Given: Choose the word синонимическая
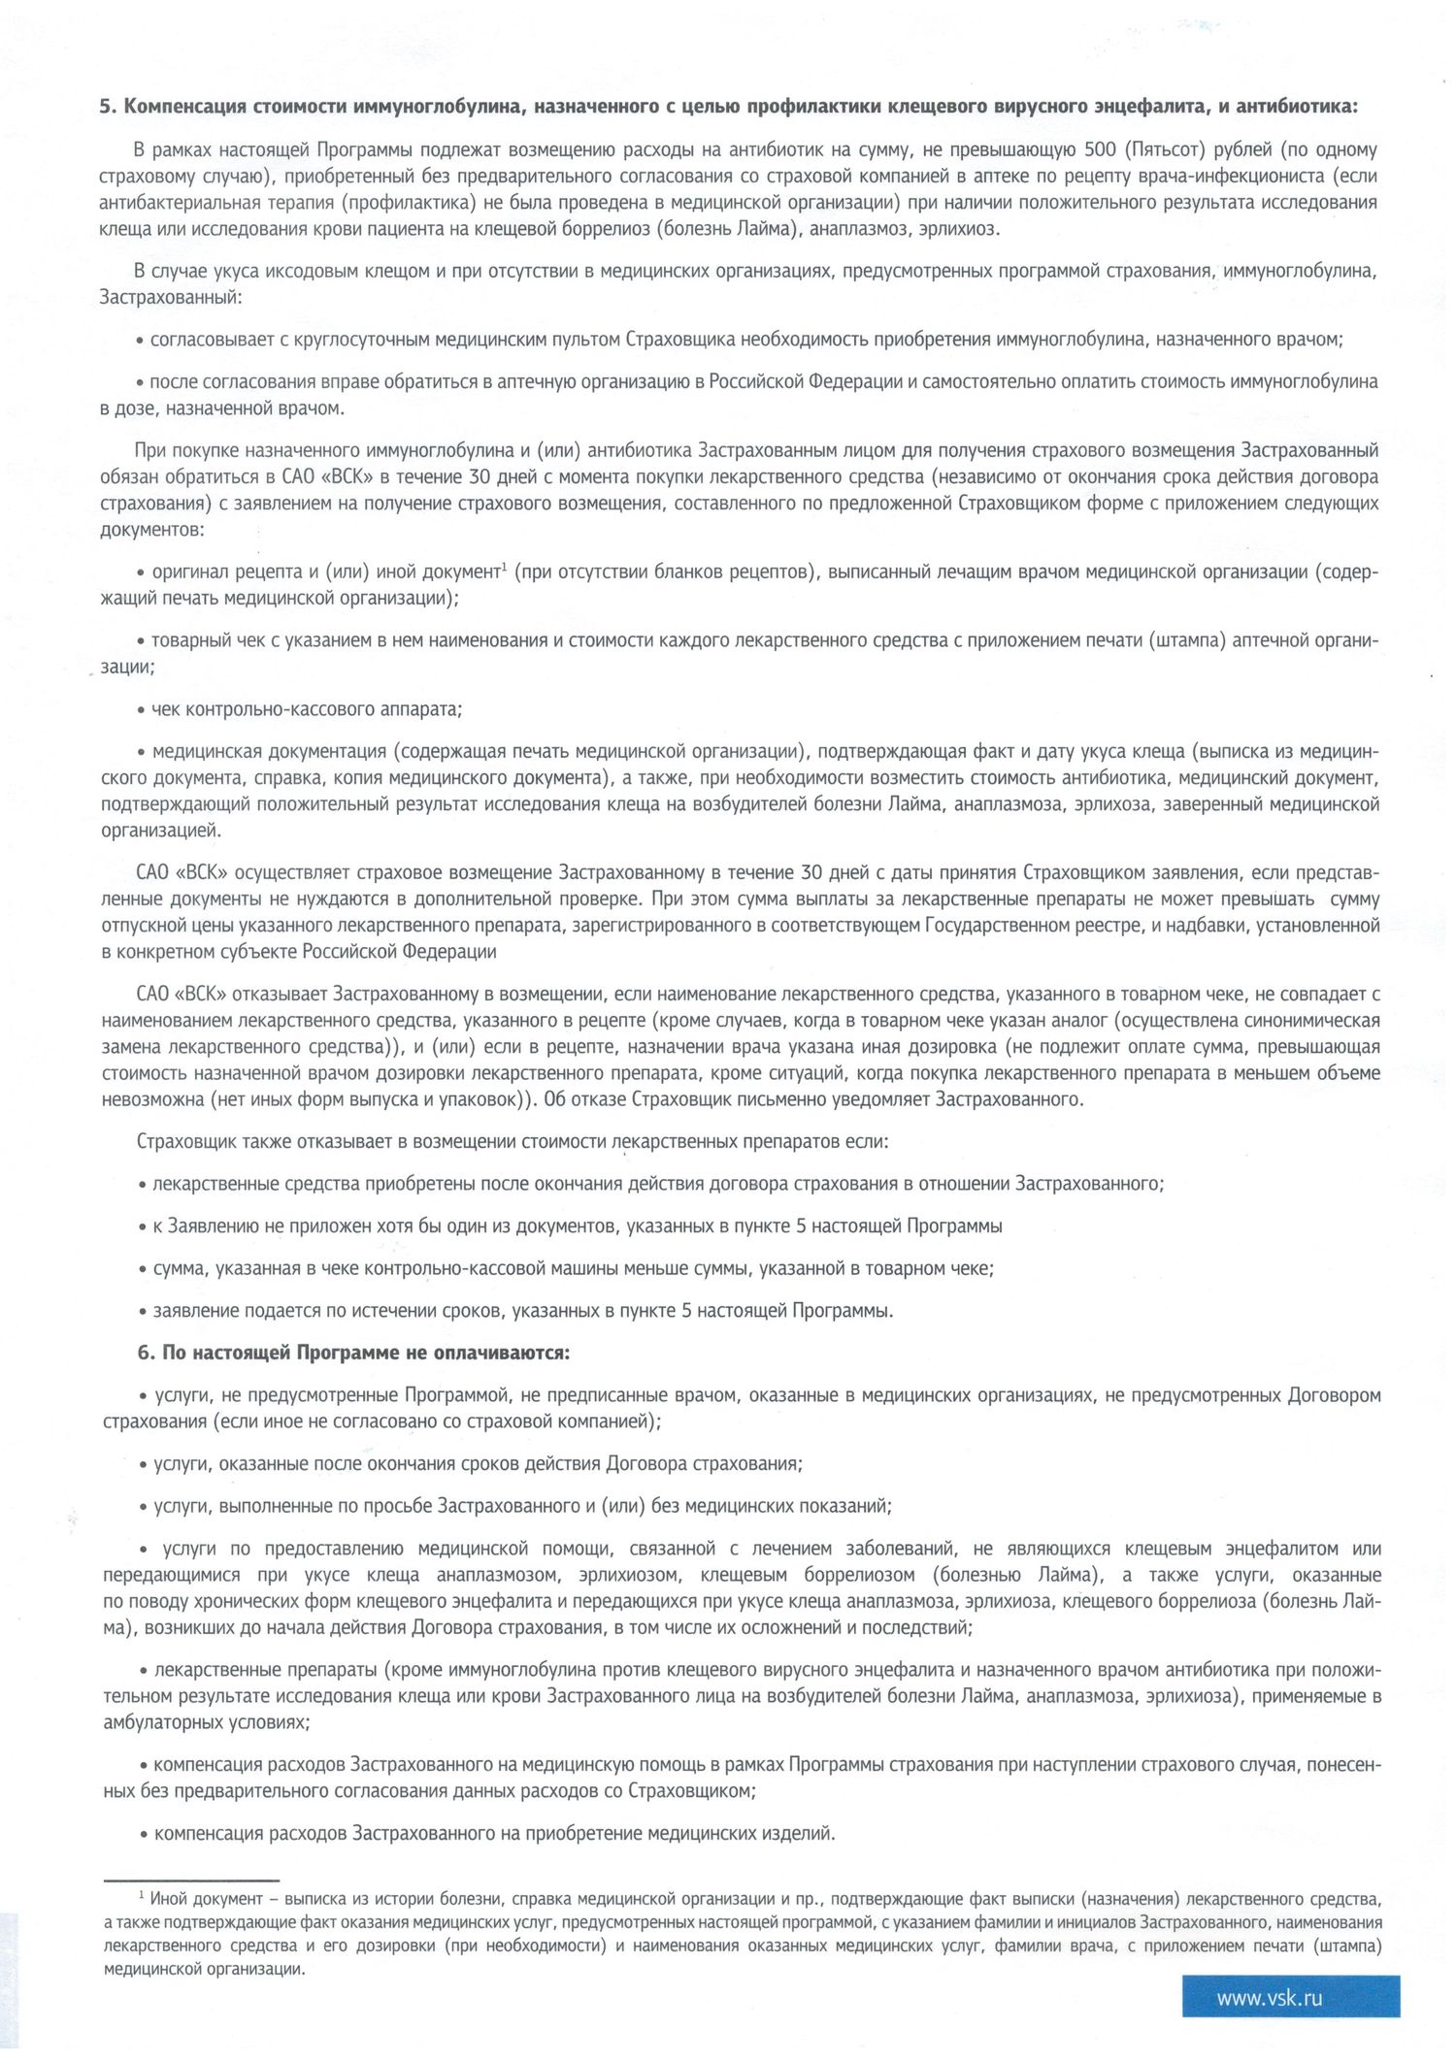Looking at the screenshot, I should pyautogui.click(x=1314, y=1021).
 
